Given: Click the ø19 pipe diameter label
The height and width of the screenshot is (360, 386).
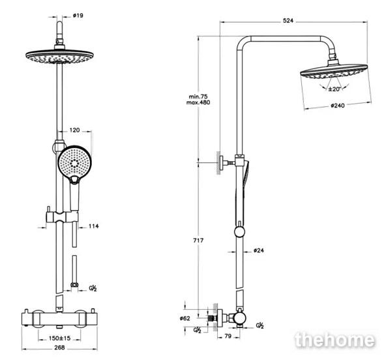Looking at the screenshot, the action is coord(78,16).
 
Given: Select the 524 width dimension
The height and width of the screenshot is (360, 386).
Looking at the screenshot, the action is coord(288,21).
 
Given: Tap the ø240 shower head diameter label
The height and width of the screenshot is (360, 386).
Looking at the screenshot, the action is coord(338,106).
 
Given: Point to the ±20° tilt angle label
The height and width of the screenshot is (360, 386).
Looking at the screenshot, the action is coord(334,89).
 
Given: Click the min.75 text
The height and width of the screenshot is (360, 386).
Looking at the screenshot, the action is coord(198,97).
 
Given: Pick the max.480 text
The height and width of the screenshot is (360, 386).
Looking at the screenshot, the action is coord(198,102).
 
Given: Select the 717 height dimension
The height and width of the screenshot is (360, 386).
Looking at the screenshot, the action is coord(198,241).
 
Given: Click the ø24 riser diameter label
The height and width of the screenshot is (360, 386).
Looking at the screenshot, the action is coord(258,250).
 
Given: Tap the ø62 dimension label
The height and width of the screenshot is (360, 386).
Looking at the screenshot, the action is coord(185,318).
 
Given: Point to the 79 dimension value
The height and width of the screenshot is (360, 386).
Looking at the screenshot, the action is coord(228,336).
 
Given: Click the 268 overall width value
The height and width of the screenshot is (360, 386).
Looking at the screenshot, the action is coord(59,348).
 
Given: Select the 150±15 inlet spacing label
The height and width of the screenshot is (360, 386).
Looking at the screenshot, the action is coord(59,338).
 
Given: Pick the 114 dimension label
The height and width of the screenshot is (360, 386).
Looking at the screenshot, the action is coord(93,226).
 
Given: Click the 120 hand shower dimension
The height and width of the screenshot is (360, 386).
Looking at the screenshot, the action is coord(74,130).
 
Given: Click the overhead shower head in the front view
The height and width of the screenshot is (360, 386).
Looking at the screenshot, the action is coord(60,56).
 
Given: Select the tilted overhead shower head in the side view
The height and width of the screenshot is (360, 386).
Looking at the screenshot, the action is coord(334,72).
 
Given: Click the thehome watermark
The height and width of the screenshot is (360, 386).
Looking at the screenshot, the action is coord(334,340).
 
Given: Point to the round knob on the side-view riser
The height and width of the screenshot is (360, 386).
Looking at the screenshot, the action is coord(239,232).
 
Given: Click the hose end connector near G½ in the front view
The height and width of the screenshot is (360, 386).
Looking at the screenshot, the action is coord(74,285).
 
